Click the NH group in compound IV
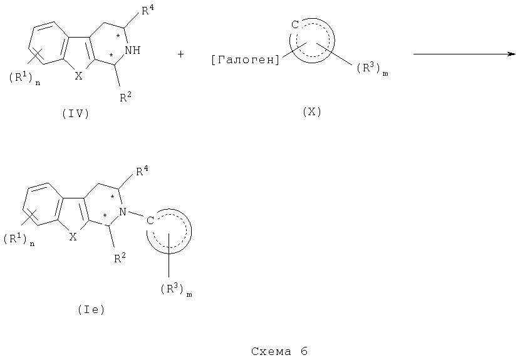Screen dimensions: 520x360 133,50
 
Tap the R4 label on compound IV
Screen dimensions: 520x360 147,10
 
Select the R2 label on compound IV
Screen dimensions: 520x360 126,97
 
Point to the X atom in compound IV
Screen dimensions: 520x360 78,76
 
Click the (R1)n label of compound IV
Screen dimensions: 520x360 24,78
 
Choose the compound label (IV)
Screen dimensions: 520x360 76,114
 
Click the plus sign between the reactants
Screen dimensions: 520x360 180,54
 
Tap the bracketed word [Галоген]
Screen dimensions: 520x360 246,60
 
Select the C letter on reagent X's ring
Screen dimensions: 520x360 295,24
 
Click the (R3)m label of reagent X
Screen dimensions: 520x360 372,69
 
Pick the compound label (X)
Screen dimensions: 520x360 312,112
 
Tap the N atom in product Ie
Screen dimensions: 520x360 123,212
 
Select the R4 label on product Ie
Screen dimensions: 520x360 142,171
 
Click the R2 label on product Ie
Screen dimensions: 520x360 120,258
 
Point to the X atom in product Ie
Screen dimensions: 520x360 73,237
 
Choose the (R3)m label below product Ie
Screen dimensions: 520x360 177,290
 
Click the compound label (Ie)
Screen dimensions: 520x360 91,310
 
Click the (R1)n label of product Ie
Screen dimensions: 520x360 19,239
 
